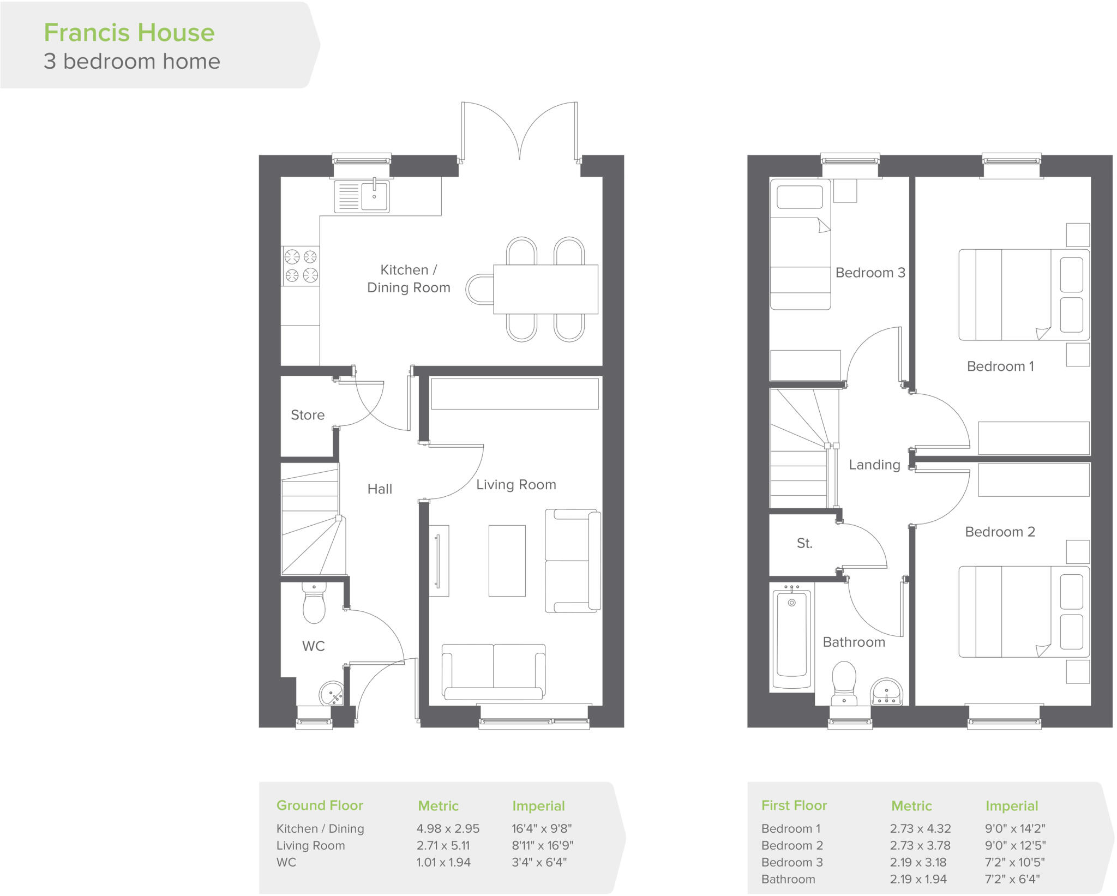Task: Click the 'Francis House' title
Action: (x=129, y=33)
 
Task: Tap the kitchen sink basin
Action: (x=375, y=196)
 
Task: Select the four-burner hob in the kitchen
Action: (x=301, y=266)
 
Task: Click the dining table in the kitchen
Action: (x=545, y=289)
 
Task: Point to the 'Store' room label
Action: (x=308, y=415)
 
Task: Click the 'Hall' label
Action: (x=380, y=489)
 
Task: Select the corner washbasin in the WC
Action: (x=332, y=694)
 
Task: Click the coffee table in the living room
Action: (x=507, y=561)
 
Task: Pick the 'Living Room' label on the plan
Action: (x=516, y=485)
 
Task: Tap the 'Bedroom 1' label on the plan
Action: (x=1000, y=366)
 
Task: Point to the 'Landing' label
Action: (x=874, y=465)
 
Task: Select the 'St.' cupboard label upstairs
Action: (x=804, y=543)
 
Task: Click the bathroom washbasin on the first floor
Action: (x=886, y=693)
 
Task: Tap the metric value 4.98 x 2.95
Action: (x=448, y=828)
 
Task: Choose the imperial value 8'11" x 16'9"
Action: (x=542, y=845)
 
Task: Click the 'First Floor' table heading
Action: (x=794, y=805)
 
